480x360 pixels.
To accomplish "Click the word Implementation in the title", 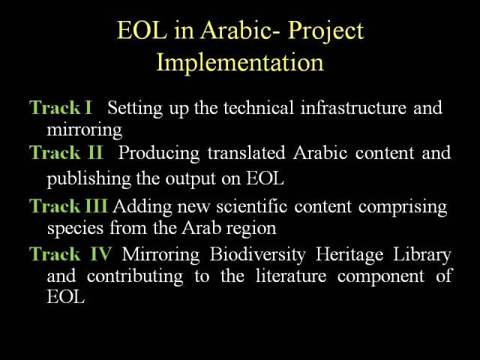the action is pos(240,63).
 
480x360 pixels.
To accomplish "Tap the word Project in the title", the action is pos(325,31).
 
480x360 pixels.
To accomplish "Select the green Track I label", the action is pos(61,107).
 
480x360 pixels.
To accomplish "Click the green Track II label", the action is pos(66,152).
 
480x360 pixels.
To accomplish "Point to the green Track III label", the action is pos(68,205).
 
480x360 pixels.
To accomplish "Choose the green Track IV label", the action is pos(70,254).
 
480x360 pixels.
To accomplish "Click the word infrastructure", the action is pos(353,107).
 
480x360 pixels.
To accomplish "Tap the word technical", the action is pos(258,107).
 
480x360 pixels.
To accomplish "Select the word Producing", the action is pos(158,153).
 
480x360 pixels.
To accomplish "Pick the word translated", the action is pos(247,152).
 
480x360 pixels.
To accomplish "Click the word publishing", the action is pos(89,179).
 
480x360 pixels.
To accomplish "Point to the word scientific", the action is pos(252,205).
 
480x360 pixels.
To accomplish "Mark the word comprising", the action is pos(403,208).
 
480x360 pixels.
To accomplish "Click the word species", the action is pos(75,229).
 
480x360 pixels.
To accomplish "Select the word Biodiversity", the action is pos(258,255).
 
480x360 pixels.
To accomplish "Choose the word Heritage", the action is pos(349,255).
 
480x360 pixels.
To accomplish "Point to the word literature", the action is pos(291,276).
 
